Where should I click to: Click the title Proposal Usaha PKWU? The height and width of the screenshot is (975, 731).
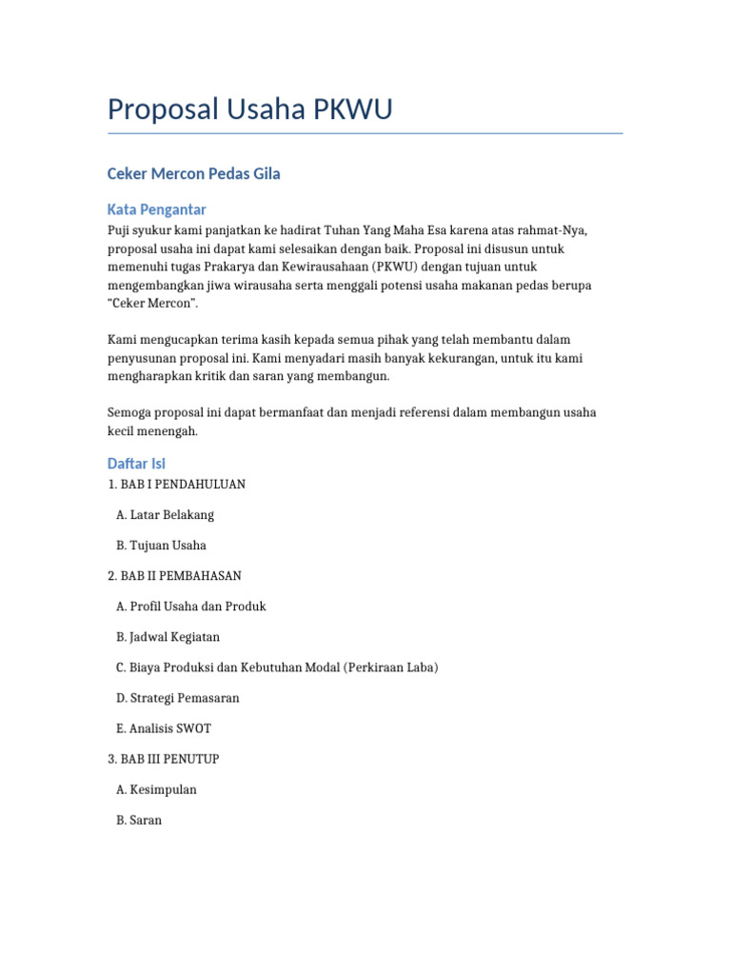pyautogui.click(x=249, y=109)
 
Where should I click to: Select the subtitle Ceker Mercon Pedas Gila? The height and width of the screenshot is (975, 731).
pyautogui.click(x=193, y=174)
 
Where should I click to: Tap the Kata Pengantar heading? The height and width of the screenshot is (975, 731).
pyautogui.click(x=156, y=209)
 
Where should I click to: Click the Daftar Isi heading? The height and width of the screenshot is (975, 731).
pyautogui.click(x=136, y=464)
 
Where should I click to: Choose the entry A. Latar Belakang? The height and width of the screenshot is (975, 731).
pyautogui.click(x=165, y=515)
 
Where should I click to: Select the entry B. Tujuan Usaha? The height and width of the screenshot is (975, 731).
pyautogui.click(x=161, y=546)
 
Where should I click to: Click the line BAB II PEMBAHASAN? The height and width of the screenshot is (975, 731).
pyautogui.click(x=174, y=576)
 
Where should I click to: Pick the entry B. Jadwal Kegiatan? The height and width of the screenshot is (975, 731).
pyautogui.click(x=168, y=637)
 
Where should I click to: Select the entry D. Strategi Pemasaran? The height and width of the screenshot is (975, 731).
pyautogui.click(x=178, y=698)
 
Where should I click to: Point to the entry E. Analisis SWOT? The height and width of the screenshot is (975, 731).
pyautogui.click(x=164, y=728)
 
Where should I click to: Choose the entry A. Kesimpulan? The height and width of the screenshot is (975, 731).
pyautogui.click(x=156, y=789)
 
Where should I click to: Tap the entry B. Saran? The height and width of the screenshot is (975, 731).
pyautogui.click(x=139, y=820)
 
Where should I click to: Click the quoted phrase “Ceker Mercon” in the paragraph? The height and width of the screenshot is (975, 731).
pyautogui.click(x=152, y=303)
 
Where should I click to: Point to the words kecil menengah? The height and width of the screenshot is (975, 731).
pyautogui.click(x=152, y=430)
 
